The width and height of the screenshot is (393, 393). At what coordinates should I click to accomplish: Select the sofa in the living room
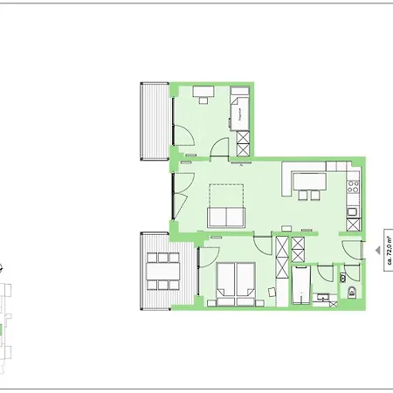click(225, 217)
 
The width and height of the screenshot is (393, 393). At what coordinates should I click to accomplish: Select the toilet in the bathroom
click(347, 290)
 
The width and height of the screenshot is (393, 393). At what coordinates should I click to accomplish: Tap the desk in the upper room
click(204, 90)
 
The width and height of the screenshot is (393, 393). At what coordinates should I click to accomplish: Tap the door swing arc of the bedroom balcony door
click(208, 257)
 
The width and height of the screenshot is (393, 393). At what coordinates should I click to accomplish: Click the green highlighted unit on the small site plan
click(3, 331)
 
